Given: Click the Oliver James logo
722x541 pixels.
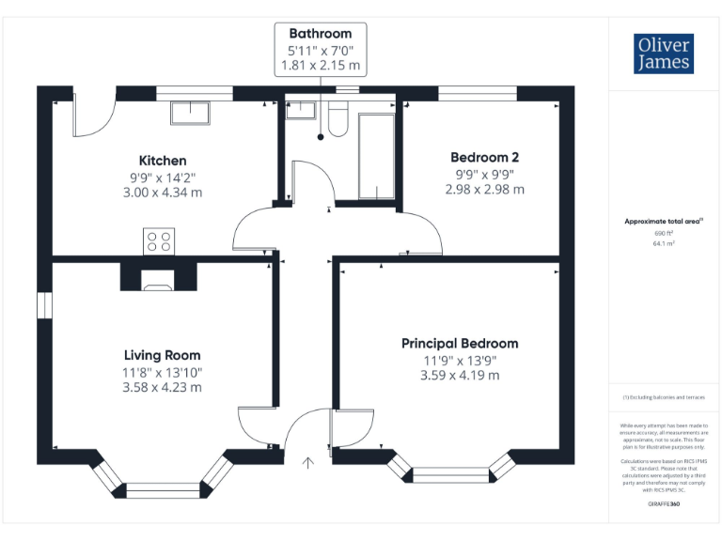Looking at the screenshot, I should [x=664, y=54].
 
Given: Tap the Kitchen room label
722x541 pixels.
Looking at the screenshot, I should [x=163, y=161].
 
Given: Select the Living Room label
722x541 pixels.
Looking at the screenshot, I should [x=163, y=355].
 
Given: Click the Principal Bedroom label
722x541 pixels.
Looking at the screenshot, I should [x=460, y=344].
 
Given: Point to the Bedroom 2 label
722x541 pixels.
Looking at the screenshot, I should [x=484, y=158].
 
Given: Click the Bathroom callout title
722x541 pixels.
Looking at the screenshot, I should [x=322, y=34].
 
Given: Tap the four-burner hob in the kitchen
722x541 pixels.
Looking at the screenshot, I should [x=158, y=241].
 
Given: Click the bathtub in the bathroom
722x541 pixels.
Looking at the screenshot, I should [x=376, y=156].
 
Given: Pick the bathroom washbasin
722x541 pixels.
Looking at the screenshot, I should [x=300, y=110].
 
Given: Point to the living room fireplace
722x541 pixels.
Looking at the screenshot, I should [x=159, y=275].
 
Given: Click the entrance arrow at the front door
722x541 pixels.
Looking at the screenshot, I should [x=308, y=462].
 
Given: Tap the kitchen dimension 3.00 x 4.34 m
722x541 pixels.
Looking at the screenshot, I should [x=163, y=193].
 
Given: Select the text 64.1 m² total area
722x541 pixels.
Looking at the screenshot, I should [x=664, y=242].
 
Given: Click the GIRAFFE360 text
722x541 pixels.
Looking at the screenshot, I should [x=664, y=504].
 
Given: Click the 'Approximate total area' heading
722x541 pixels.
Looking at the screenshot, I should [x=664, y=221].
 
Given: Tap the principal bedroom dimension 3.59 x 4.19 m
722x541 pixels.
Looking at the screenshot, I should [x=460, y=376].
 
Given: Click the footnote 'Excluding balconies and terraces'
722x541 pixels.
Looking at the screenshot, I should [x=664, y=398].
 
